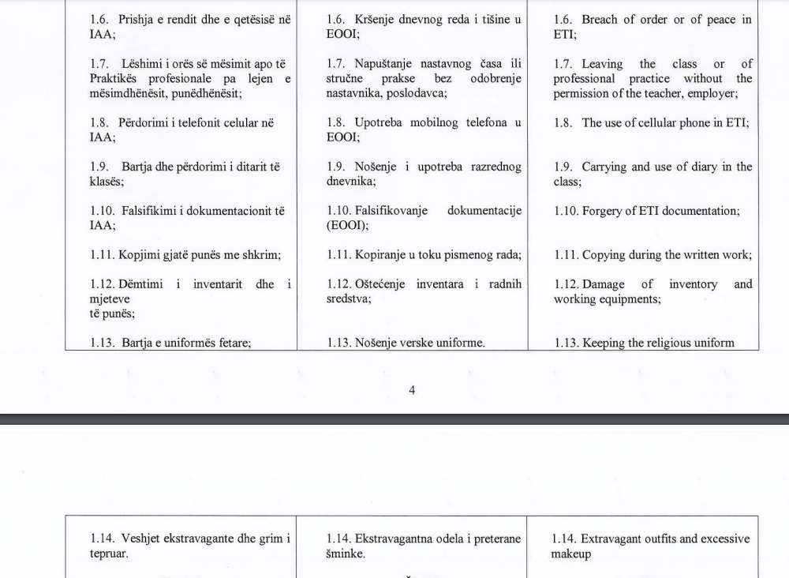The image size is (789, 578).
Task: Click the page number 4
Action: (412, 390)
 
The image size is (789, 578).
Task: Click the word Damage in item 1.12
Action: (604, 284)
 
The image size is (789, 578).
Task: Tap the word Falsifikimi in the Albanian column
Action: (153, 211)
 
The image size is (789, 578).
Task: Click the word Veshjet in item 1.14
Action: (140, 539)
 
